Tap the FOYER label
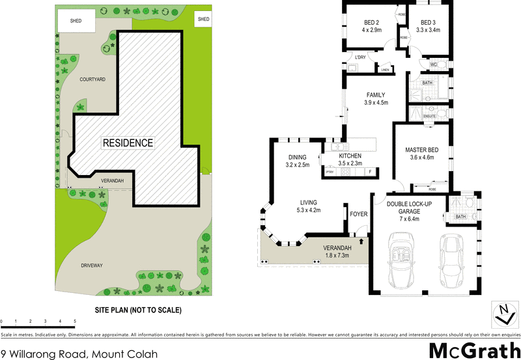[359, 214]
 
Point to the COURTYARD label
[92, 79]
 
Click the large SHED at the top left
[76, 21]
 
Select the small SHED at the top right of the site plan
[204, 20]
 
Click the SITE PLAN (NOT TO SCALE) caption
[138, 310]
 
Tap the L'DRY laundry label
[359, 57]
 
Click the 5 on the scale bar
[75, 322]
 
